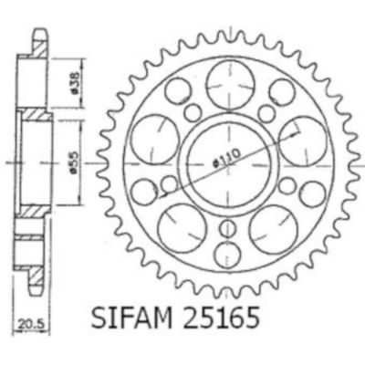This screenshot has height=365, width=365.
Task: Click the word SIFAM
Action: (x=130, y=318)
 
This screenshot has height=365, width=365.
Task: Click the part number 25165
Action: (x=221, y=318)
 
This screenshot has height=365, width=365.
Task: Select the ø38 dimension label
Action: (x=75, y=82)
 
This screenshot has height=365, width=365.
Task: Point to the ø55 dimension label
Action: (x=75, y=162)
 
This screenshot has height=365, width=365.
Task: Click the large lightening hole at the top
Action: (x=230, y=85)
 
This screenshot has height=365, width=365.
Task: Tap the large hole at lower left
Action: (x=182, y=229)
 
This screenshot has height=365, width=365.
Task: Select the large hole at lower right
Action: (x=273, y=229)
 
